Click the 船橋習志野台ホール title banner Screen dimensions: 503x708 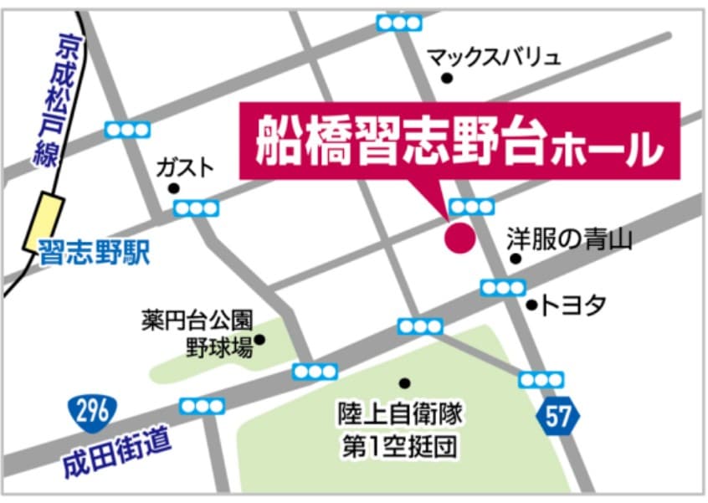tap(459, 141)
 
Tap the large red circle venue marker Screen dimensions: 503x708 tap(459, 238)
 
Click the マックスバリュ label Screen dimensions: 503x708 tap(494, 57)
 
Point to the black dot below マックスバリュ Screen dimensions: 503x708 tap(447, 79)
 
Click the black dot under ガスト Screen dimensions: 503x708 tap(173, 188)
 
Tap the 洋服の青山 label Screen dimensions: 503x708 tap(568, 240)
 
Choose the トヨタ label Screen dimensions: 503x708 tap(573, 305)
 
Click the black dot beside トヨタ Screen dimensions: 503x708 tap(531, 305)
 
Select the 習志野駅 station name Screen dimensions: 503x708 tap(94, 253)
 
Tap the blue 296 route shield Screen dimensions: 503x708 tap(92, 411)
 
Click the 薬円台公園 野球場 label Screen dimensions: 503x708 tap(197, 333)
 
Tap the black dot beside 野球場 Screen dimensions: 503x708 tap(259, 340)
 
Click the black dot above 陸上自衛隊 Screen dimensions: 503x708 tap(405, 383)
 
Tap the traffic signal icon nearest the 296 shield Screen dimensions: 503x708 tap(203, 406)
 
